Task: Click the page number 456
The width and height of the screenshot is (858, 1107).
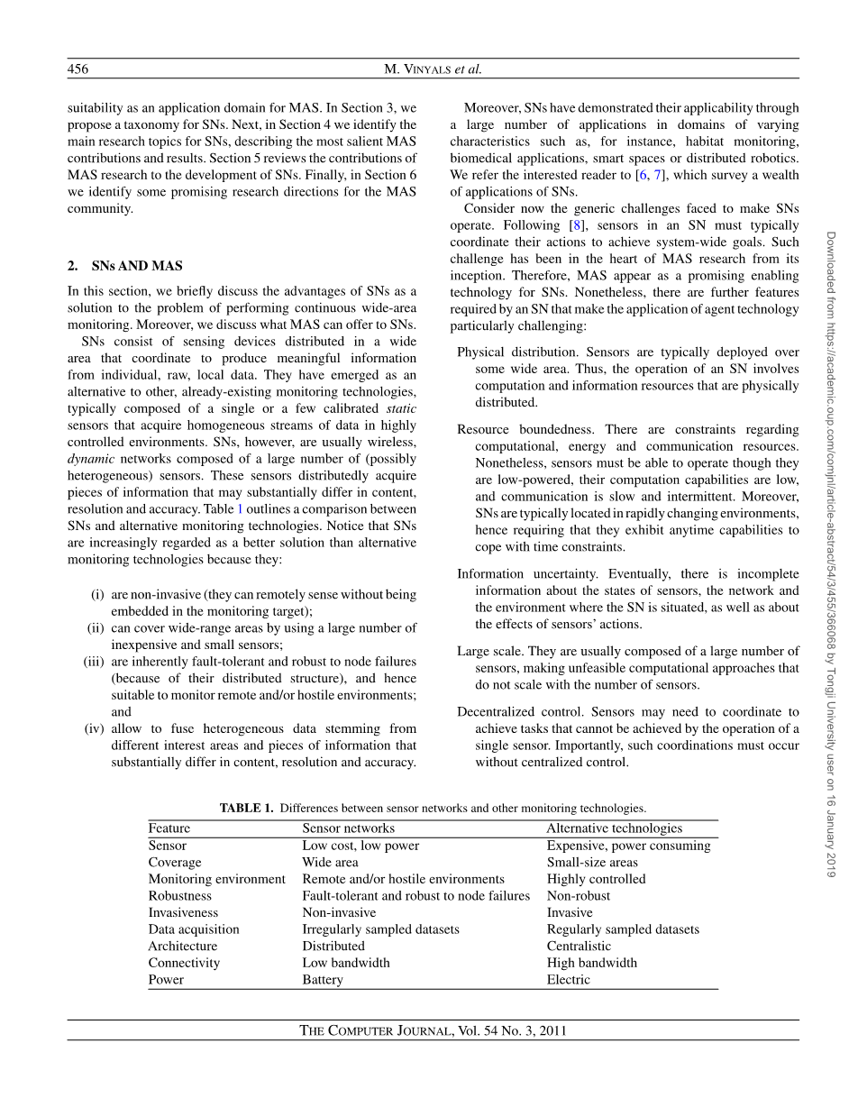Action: coord(78,69)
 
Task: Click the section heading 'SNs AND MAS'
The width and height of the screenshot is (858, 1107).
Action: coord(136,266)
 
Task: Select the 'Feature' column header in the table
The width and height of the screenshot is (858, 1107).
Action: coord(169,828)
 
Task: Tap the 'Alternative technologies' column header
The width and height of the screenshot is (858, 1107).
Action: coord(614,828)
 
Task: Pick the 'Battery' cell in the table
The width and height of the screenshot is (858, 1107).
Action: coord(323,980)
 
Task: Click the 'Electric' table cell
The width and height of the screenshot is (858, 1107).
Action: coord(568,980)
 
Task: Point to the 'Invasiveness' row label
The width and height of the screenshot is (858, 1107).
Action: coord(183,912)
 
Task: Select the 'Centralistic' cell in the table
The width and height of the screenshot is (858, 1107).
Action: coord(579,947)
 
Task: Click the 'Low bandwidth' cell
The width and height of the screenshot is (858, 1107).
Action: coord(346,963)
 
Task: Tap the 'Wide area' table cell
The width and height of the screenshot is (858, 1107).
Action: coord(330,863)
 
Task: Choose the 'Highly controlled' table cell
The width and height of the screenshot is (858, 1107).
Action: coord(596,879)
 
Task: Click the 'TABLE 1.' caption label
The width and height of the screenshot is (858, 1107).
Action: coord(246,809)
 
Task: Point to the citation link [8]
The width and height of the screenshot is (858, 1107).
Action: coord(577,225)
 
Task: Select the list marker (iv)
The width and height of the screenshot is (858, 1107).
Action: coord(95,728)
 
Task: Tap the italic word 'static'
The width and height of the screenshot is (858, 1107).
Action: coord(400,409)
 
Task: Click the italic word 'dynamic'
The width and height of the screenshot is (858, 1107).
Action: coord(91,459)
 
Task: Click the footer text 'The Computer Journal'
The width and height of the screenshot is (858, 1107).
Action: coord(374,1031)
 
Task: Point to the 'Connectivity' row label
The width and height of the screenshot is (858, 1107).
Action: coord(184,963)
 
